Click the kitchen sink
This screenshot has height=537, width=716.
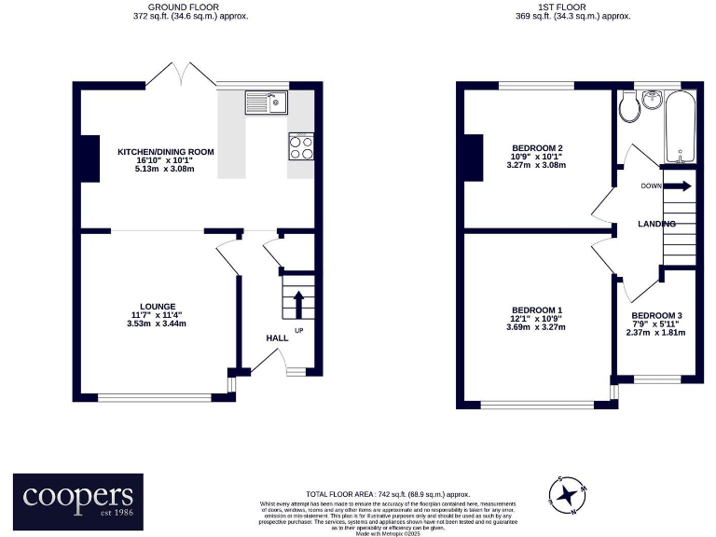(x=266, y=101)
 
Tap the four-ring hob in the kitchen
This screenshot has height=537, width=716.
(x=301, y=147)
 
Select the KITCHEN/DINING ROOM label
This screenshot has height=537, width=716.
(x=166, y=151)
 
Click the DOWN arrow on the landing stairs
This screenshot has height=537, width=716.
(x=679, y=186)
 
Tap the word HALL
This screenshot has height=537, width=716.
(x=278, y=338)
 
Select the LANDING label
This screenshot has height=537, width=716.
(x=655, y=225)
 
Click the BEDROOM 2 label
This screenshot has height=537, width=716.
(x=536, y=148)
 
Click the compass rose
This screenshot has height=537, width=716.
(x=567, y=494)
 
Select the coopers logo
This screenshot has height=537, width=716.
(x=78, y=499)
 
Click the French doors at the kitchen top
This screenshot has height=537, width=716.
(x=181, y=75)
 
